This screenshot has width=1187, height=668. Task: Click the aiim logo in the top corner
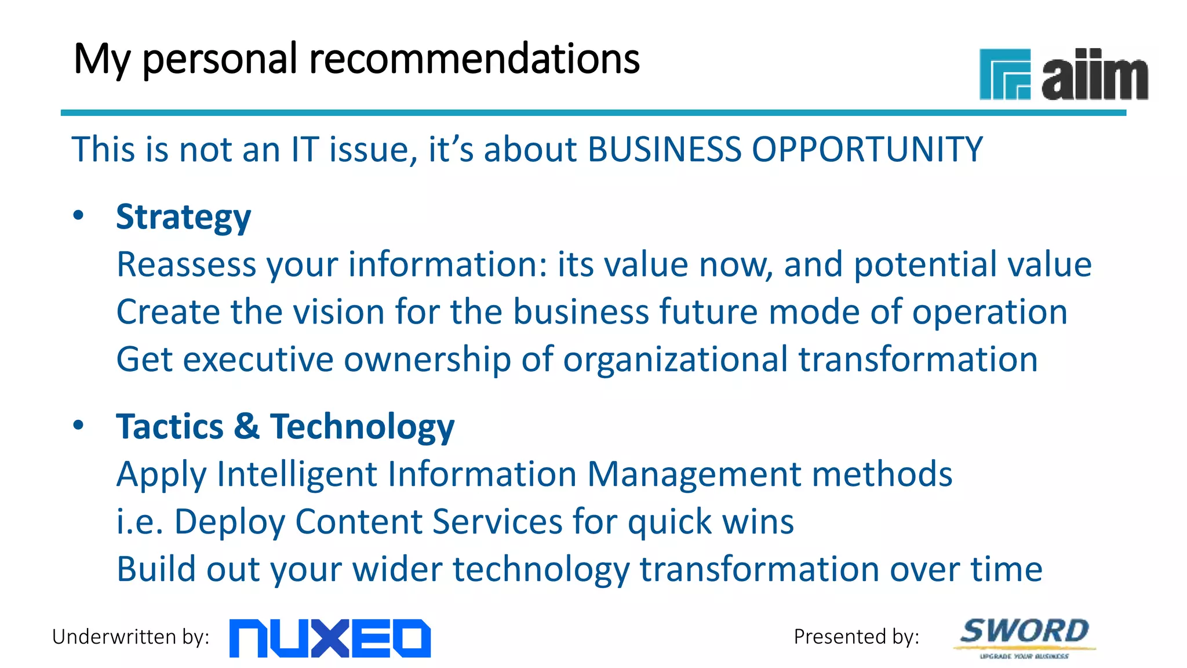pos(1064,75)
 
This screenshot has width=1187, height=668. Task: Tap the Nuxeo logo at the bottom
pos(330,638)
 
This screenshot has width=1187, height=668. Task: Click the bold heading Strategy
pos(183,217)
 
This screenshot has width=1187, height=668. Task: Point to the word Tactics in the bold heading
pos(170,427)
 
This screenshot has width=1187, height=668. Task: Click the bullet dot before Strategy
pos(78,216)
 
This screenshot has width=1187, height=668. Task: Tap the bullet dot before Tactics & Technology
pos(78,425)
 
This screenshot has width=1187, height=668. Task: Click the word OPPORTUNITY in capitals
pos(866,150)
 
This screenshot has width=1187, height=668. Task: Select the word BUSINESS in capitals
pos(664,150)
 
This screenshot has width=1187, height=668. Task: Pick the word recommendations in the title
pos(474,59)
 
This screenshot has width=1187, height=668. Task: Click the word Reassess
pos(186,264)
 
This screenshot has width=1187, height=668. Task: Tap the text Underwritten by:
pos(130,637)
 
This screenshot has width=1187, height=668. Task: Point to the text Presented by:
pos(856,637)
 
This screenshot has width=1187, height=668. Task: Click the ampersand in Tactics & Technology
pos(246,427)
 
